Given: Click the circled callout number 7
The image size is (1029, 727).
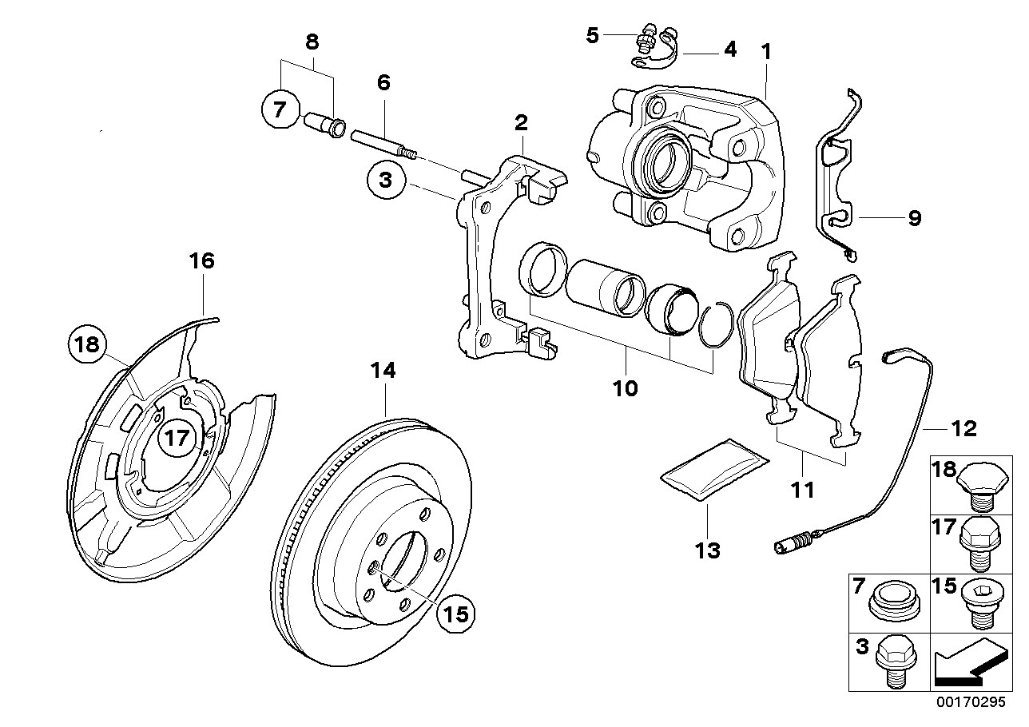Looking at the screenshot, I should [279, 110].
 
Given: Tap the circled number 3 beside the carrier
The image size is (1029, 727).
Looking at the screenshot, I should [386, 180].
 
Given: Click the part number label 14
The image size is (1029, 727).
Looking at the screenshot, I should [383, 371].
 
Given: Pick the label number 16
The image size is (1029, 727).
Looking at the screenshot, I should [202, 260].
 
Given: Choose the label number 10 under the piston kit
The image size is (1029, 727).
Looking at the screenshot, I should [625, 388].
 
